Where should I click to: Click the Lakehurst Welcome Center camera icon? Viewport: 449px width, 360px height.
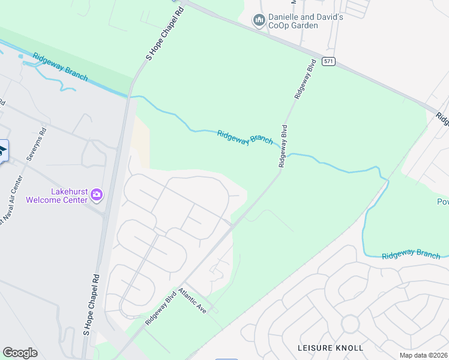click(x=96, y=194)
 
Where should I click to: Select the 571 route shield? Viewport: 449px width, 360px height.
click(x=328, y=61)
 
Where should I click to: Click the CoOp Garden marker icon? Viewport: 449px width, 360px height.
click(x=259, y=21)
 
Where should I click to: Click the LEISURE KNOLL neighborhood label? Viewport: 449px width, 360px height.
click(x=331, y=348)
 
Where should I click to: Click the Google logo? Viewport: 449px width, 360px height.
click(x=20, y=353)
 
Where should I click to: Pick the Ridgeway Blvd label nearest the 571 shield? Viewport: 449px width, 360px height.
click(x=304, y=82)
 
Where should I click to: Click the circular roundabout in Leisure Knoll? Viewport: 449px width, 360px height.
click(x=350, y=325)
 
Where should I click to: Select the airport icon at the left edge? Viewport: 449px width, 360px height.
click(x=3, y=150)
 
